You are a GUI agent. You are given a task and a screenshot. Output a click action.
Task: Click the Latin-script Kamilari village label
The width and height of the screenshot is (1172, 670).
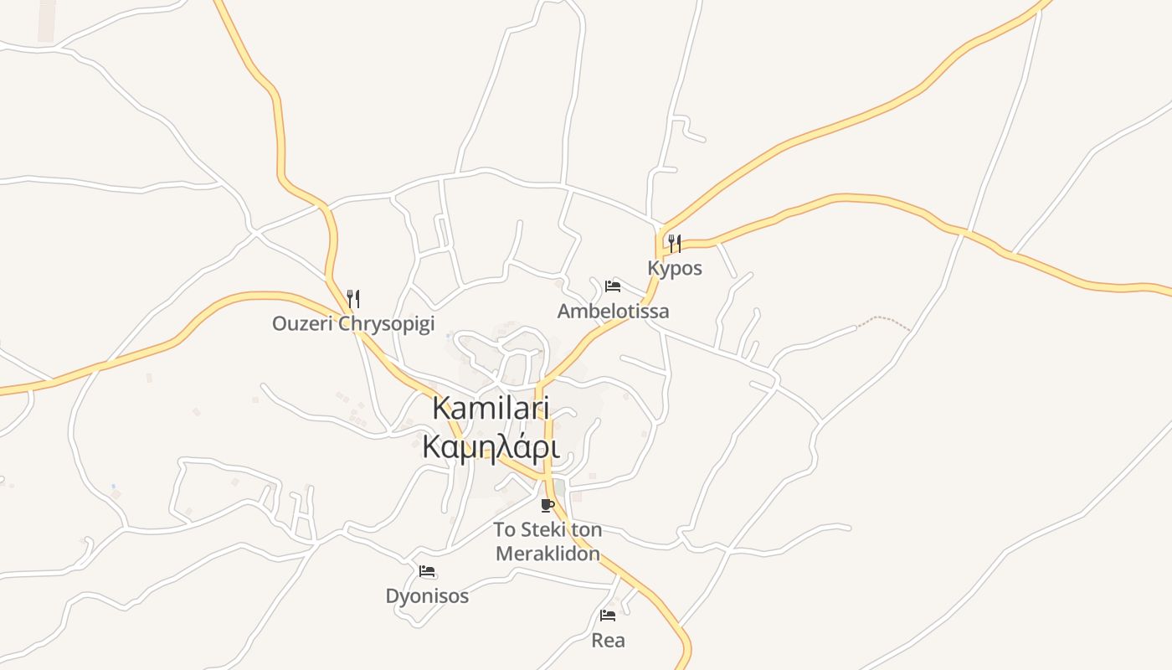click(x=491, y=408)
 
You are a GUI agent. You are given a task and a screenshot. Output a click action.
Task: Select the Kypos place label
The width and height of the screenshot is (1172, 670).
click(x=675, y=268)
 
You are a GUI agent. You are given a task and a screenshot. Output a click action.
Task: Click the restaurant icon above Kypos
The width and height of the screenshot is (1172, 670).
click(x=674, y=244)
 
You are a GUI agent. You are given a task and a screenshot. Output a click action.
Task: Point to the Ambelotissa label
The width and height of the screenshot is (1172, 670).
click(x=613, y=312)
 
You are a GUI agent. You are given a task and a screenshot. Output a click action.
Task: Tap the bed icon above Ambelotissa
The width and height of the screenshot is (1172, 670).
click(x=613, y=286)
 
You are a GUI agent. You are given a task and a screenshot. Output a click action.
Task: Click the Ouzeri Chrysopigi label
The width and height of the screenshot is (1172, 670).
click(x=353, y=323)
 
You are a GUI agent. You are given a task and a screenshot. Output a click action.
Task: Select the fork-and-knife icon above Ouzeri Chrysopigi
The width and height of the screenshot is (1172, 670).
click(x=353, y=298)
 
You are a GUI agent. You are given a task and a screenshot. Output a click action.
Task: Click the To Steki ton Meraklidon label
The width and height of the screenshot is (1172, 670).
click(x=547, y=541)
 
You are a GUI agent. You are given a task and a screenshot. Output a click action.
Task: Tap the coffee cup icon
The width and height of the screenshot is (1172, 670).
click(x=547, y=505)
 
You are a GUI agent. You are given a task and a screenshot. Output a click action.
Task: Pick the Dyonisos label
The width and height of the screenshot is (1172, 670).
click(x=427, y=596)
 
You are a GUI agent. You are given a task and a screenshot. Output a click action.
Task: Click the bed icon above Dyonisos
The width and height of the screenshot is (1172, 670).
click(x=427, y=572)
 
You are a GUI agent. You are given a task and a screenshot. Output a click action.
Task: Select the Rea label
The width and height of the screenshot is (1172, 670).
click(x=608, y=641)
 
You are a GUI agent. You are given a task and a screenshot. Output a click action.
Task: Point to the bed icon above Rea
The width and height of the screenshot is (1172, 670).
click(x=608, y=616)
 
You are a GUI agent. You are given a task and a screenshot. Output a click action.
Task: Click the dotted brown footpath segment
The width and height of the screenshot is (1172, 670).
click(x=883, y=320)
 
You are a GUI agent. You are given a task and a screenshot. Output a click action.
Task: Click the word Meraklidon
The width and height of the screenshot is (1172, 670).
click(x=547, y=554)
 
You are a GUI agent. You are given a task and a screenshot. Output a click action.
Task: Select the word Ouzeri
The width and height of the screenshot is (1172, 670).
click(x=298, y=323)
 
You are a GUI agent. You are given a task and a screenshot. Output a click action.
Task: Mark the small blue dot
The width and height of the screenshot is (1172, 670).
click(x=113, y=487)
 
